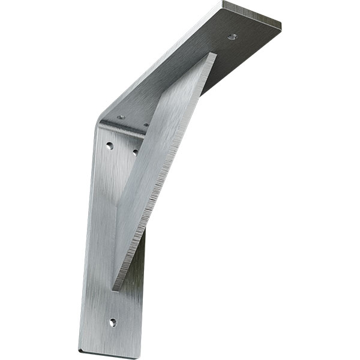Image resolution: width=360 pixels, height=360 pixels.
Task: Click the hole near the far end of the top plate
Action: coord(232,37)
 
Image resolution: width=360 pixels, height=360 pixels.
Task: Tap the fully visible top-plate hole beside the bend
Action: coord(121,117)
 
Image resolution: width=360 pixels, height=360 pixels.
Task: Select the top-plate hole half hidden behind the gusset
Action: coord(146,125)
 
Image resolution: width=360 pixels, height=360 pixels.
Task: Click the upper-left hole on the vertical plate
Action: coord(109,145)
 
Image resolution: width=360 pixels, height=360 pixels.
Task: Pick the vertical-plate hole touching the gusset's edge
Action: coord(135,152)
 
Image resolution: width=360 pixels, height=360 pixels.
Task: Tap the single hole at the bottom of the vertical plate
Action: coord(112,322)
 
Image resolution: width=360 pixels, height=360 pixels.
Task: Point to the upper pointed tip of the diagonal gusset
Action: coord(213,54)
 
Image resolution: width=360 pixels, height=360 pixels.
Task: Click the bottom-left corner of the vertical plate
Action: coord(79,350)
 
